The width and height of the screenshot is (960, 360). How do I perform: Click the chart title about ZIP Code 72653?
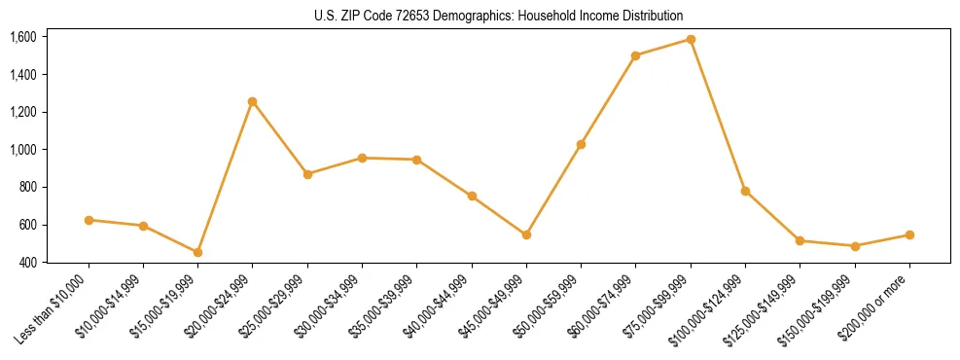(499, 16)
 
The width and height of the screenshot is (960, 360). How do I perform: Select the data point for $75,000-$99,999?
(691, 40)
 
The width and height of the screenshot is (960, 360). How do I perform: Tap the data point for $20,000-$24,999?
(253, 101)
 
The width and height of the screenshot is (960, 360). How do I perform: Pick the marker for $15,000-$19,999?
(198, 252)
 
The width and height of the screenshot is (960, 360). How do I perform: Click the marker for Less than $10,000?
(89, 220)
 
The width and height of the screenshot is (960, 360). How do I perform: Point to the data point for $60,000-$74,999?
(636, 55)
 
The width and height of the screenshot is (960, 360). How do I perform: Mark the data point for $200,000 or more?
(909, 234)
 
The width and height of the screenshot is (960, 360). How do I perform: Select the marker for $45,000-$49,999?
(526, 234)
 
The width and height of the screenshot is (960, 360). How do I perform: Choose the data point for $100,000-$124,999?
(745, 191)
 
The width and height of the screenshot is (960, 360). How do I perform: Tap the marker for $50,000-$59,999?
(582, 144)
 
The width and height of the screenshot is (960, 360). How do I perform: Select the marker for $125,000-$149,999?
(800, 240)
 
